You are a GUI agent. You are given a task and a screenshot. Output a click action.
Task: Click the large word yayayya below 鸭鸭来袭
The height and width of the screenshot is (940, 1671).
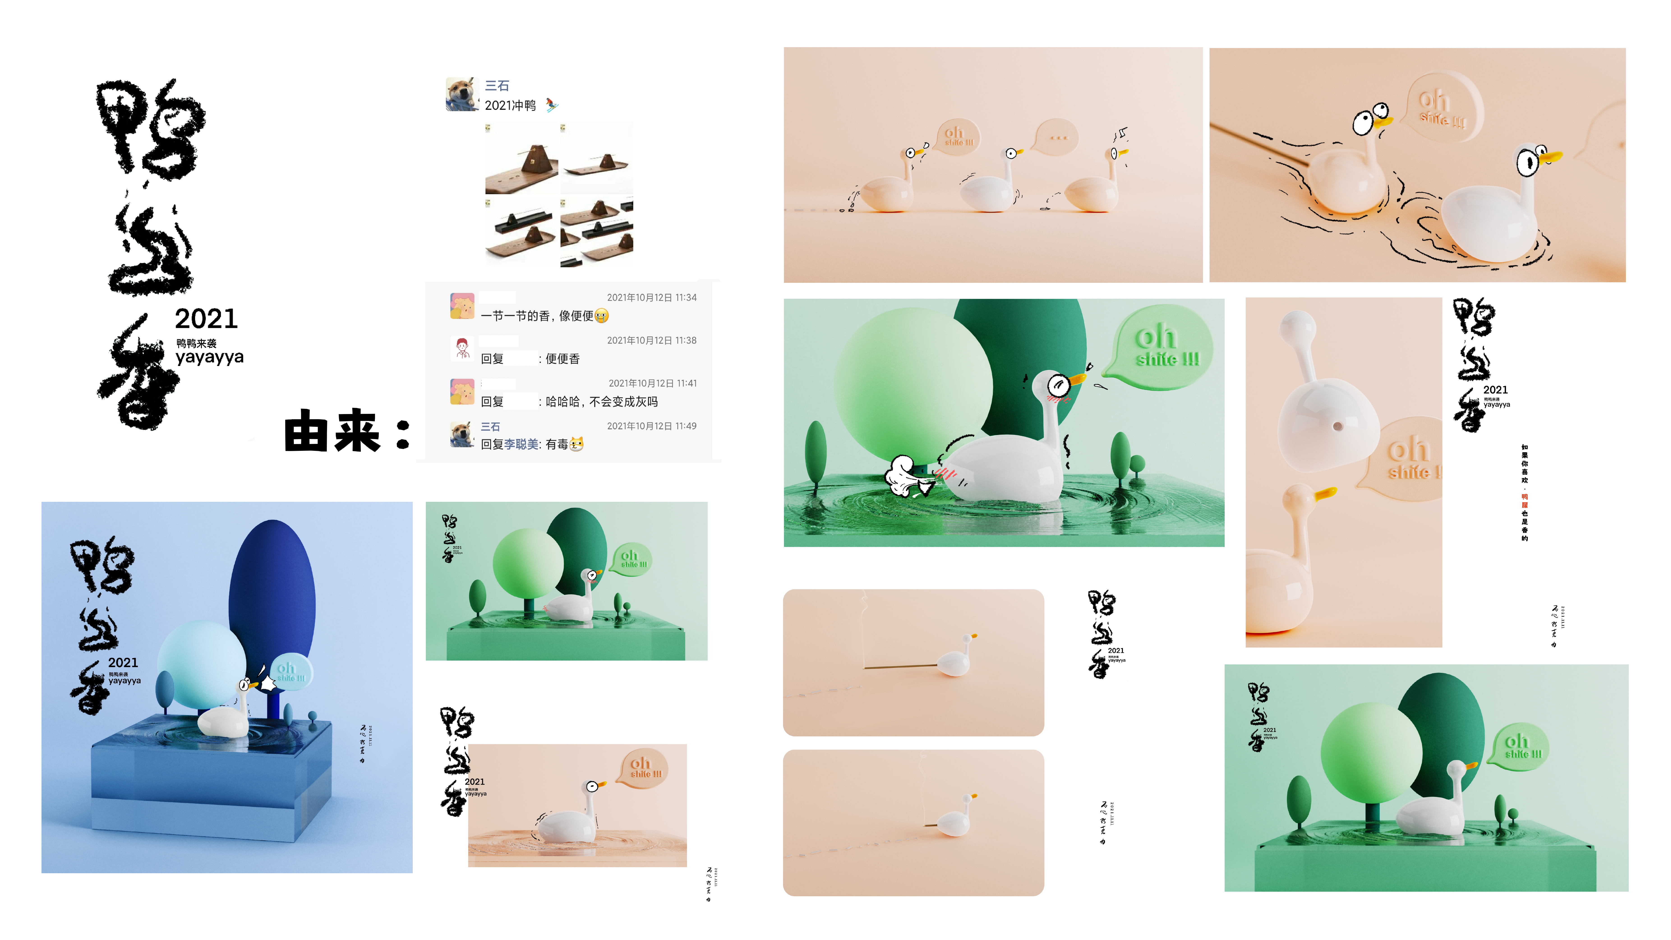pyautogui.click(x=210, y=357)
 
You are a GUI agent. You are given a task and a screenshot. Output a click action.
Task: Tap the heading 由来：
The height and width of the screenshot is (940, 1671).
pyautogui.click(x=347, y=431)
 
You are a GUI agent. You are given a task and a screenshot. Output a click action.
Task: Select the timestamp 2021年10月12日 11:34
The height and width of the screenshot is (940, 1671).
pyautogui.click(x=651, y=298)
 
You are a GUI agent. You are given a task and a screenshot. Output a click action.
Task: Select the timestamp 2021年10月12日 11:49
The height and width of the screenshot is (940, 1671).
pyautogui.click(x=651, y=426)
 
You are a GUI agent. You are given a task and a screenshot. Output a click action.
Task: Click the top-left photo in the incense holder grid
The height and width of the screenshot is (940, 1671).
pyautogui.click(x=521, y=160)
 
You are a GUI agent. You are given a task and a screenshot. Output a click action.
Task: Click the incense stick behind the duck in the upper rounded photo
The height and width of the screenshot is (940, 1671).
pyautogui.click(x=902, y=666)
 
